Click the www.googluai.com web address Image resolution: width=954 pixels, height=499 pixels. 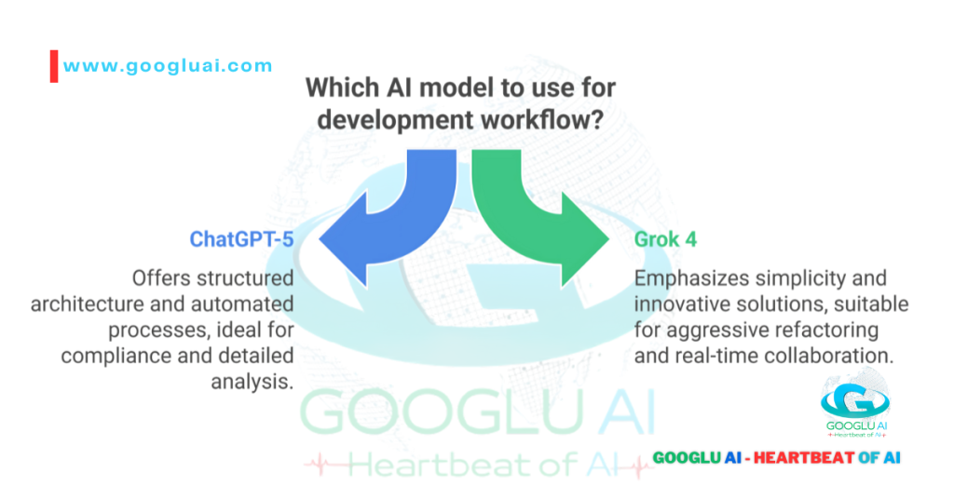click(x=168, y=65)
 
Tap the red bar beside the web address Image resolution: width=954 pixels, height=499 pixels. click(x=54, y=66)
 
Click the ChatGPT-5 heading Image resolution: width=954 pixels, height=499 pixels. click(x=242, y=239)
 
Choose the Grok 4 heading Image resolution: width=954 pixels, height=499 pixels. click(x=666, y=239)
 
